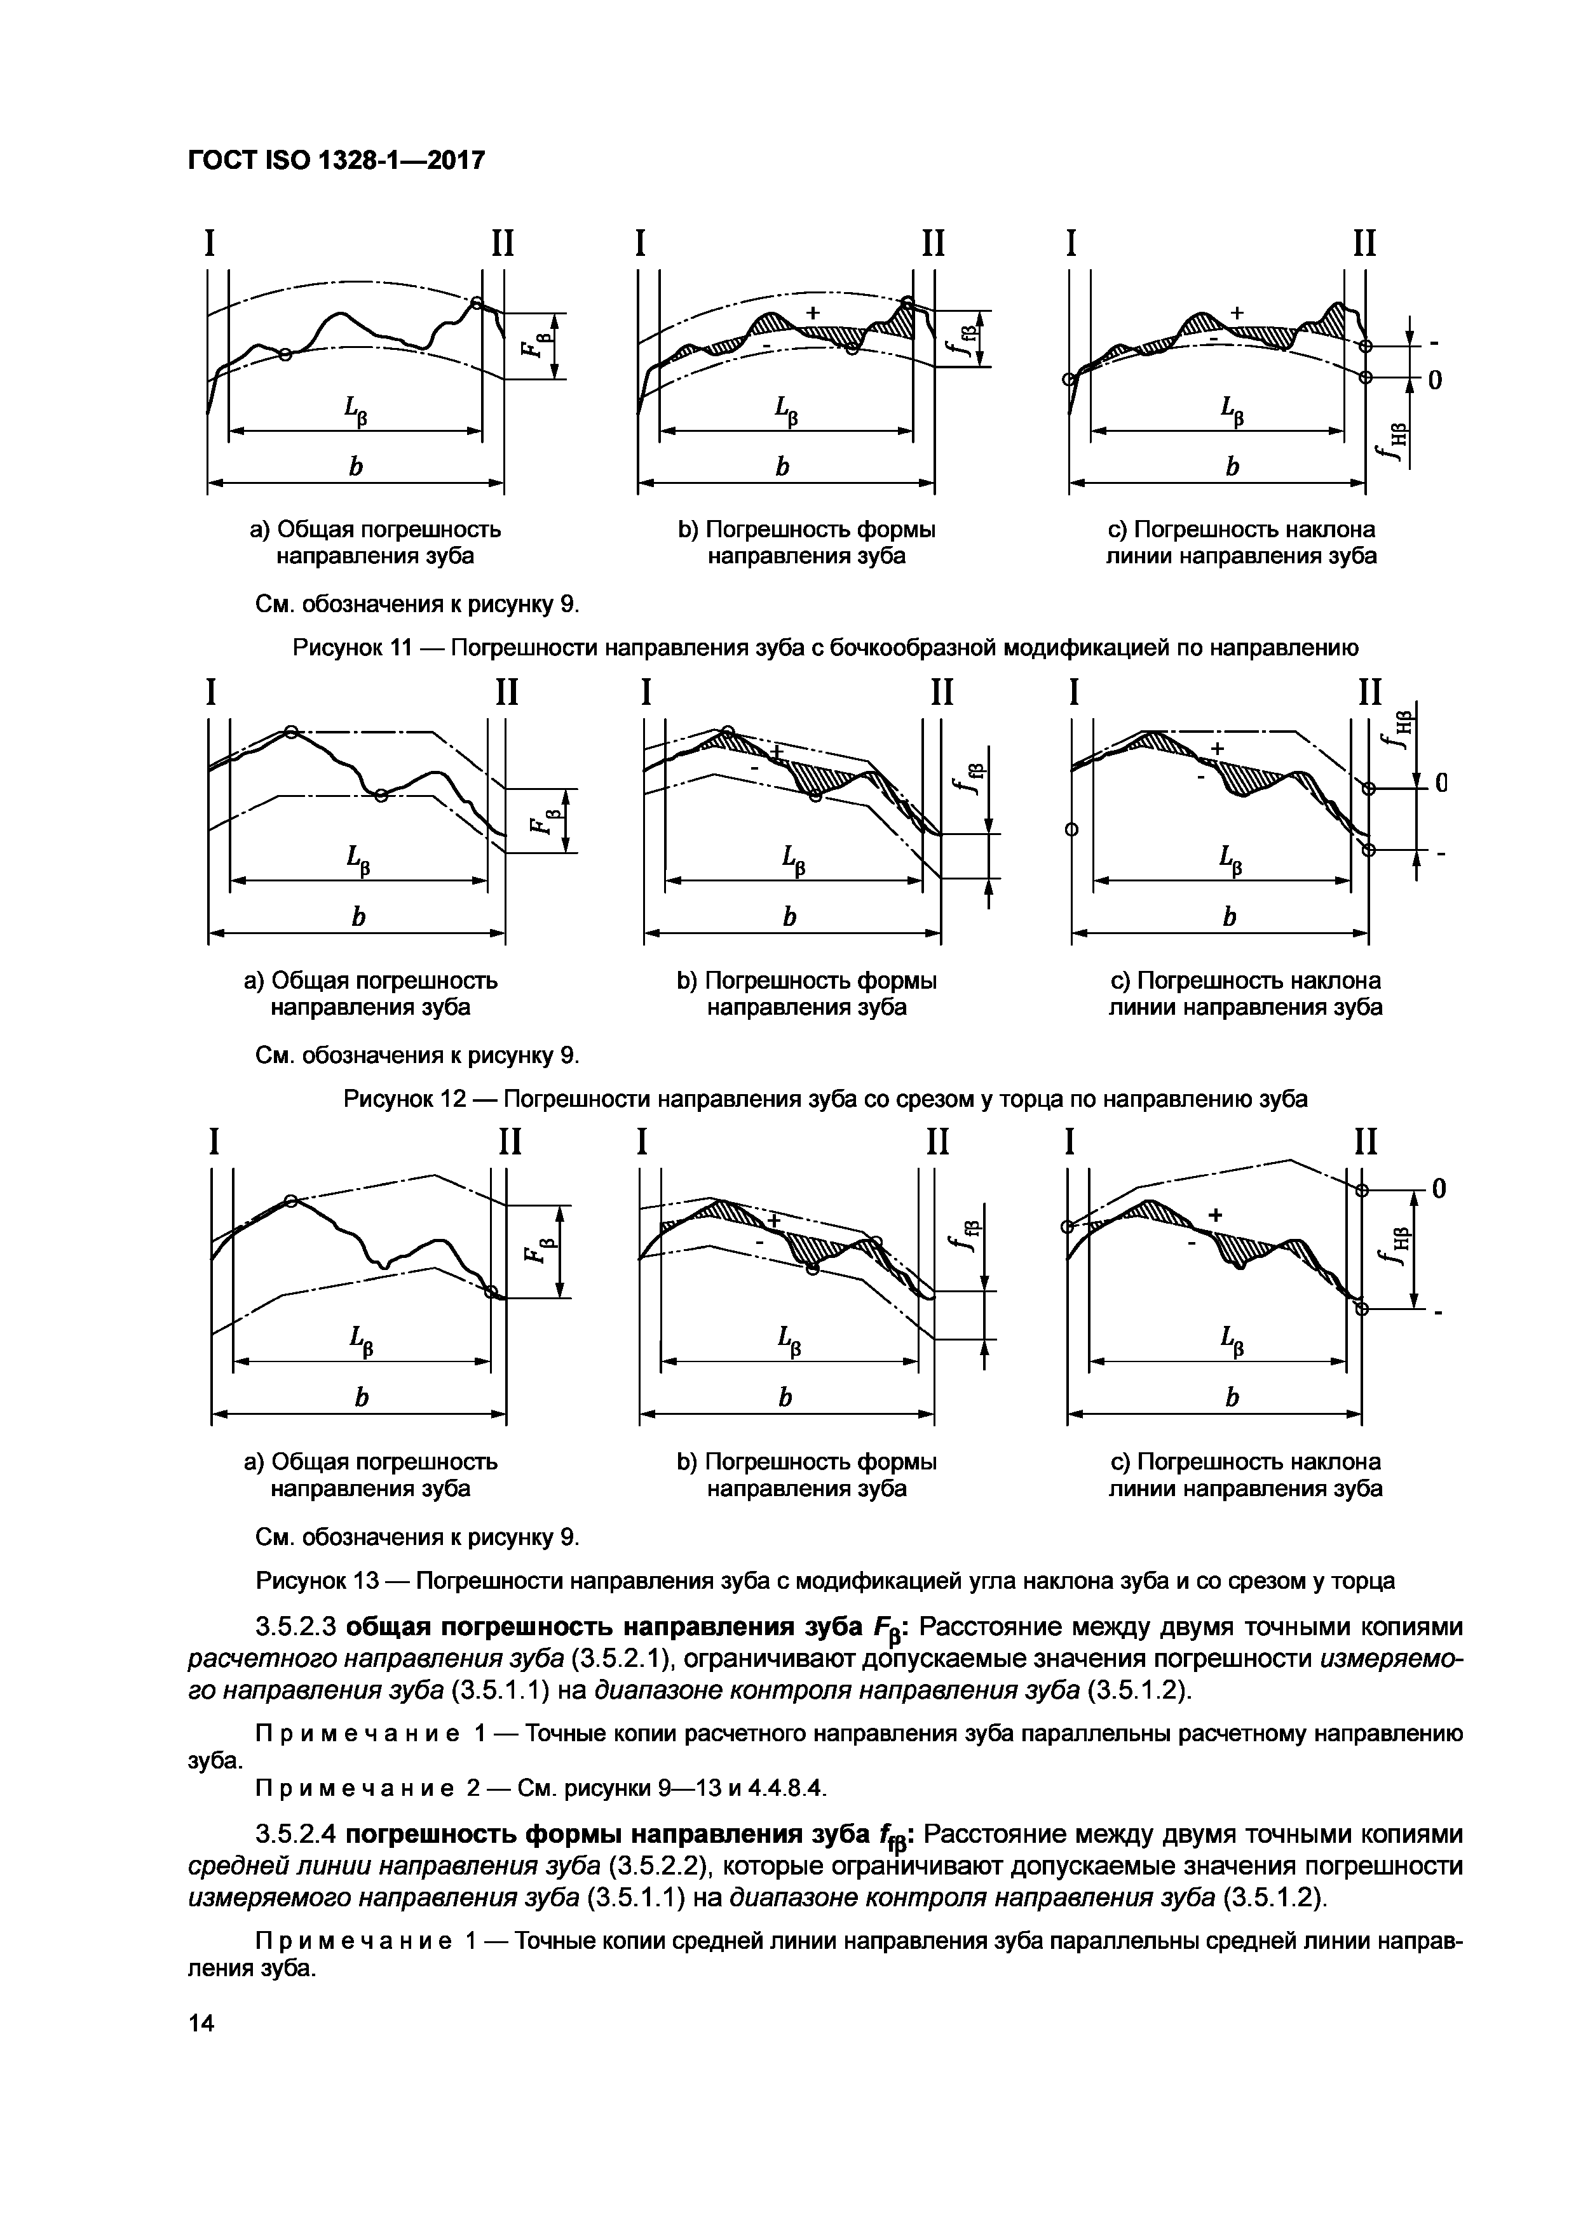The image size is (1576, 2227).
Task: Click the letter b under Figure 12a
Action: [357, 916]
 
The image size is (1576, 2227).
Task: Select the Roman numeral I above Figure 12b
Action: [646, 693]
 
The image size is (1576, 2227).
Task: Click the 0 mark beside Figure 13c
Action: [1439, 1188]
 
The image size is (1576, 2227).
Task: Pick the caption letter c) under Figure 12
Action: [1121, 980]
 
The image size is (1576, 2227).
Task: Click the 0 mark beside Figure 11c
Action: [1434, 381]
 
